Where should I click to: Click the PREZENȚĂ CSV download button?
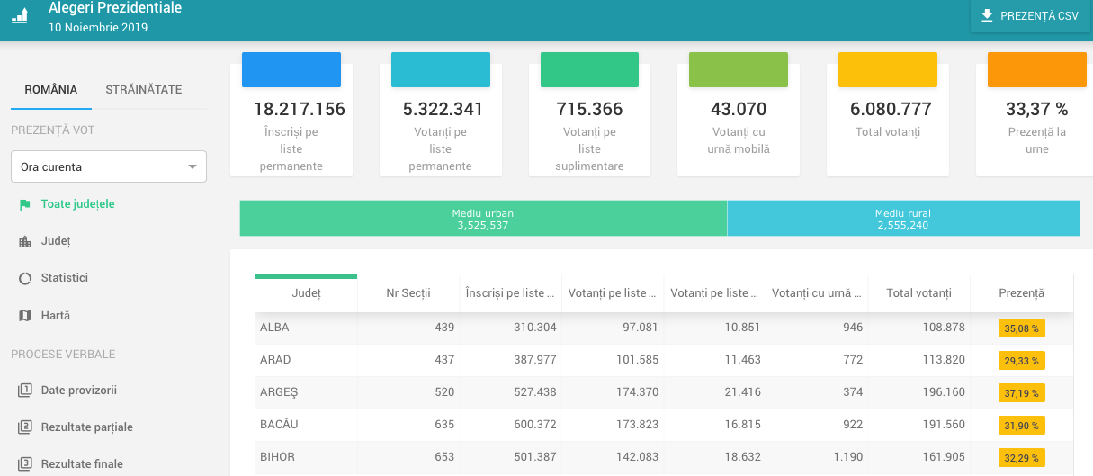(1030, 16)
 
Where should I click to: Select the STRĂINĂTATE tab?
(144, 89)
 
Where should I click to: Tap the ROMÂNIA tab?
(50, 89)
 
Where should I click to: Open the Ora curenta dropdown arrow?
(193, 167)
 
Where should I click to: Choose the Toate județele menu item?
(77, 204)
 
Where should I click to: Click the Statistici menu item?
(65, 278)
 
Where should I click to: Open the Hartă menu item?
(56, 315)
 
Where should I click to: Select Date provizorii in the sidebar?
(78, 391)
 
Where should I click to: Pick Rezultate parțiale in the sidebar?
(87, 427)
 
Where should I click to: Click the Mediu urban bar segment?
(483, 219)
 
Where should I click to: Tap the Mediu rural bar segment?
(903, 219)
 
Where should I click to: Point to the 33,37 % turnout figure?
(1037, 109)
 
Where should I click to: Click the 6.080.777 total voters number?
(891, 109)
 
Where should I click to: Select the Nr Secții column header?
(408, 293)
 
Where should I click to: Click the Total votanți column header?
(918, 293)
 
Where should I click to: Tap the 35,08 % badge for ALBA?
(1021, 328)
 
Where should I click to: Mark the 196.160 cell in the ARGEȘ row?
(944, 392)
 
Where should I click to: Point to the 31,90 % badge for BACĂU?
(1021, 426)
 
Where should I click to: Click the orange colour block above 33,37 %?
(1037, 70)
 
